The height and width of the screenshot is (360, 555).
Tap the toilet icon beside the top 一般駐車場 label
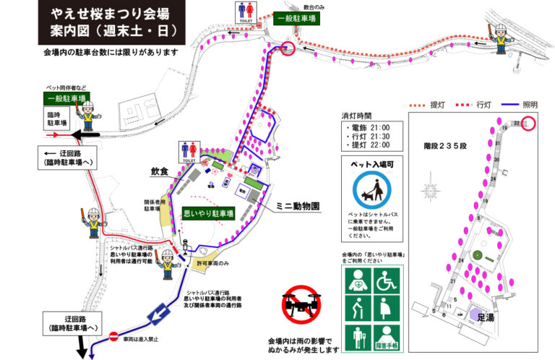[x=245, y=13]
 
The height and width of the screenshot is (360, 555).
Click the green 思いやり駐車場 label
[x=207, y=214]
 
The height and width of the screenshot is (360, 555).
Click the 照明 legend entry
[x=520, y=104]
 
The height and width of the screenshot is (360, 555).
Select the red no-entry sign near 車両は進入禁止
[x=113, y=336]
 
